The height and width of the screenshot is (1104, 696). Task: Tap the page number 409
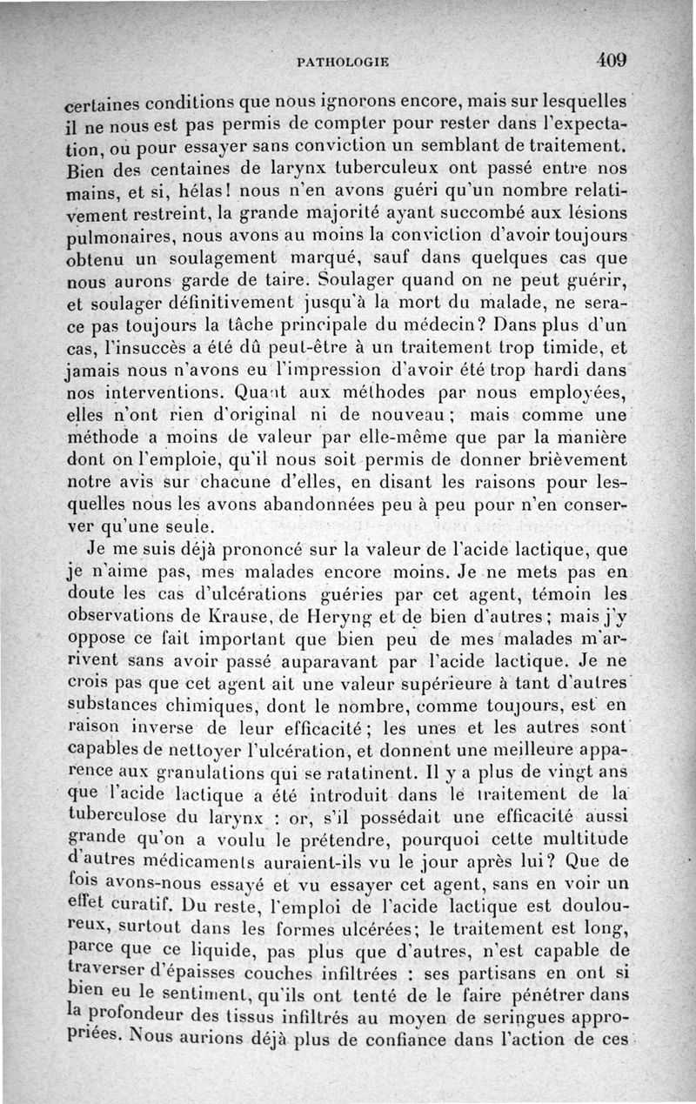[x=612, y=60]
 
